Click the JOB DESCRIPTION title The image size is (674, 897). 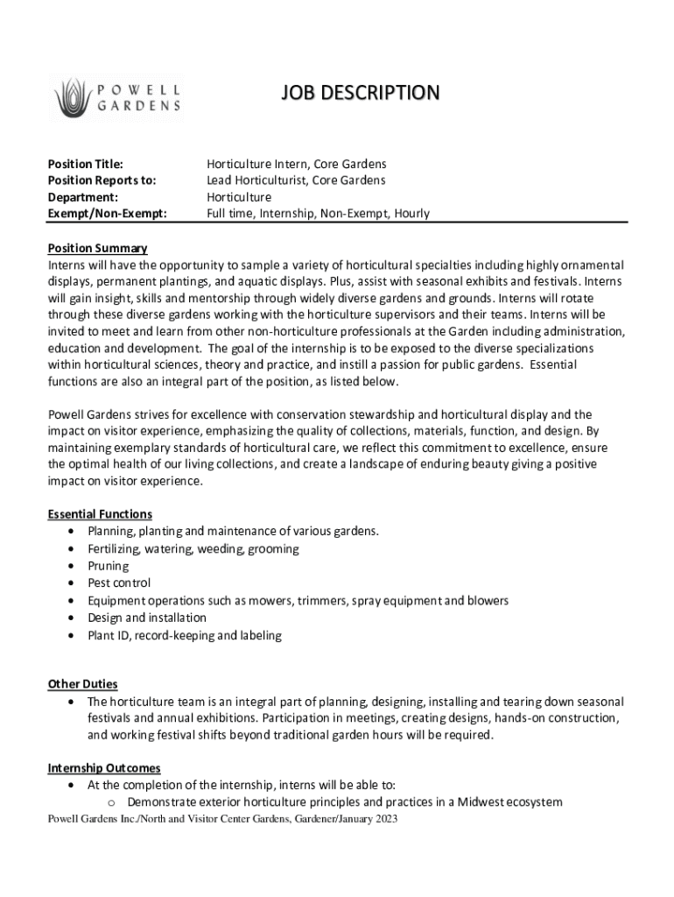(x=360, y=93)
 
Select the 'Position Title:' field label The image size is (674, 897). (x=85, y=164)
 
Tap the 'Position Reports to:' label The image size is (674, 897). (x=102, y=180)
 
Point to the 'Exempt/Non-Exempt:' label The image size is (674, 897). (x=107, y=214)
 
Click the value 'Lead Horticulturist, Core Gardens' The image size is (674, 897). (x=296, y=180)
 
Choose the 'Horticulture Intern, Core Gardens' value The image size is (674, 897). (x=296, y=164)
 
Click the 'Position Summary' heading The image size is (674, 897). (x=97, y=249)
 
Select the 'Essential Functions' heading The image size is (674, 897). (x=100, y=514)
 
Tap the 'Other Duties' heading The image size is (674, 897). (x=82, y=684)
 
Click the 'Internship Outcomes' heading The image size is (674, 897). (x=104, y=769)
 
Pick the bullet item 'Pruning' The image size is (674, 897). (x=108, y=566)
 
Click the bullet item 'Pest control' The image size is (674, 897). (x=119, y=583)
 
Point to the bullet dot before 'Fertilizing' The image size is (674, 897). (x=70, y=549)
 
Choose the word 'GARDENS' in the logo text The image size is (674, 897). (x=140, y=106)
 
